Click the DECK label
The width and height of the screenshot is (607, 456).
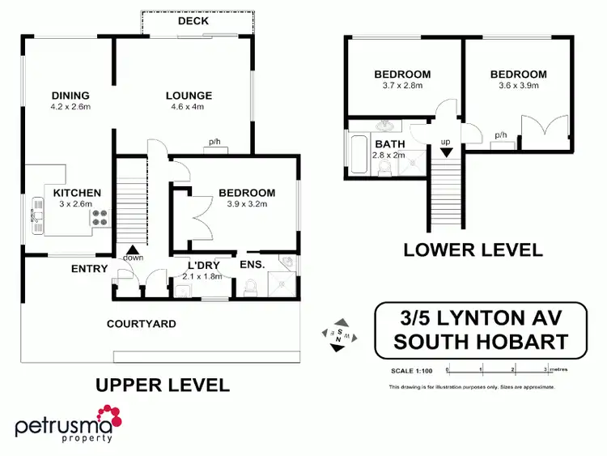click(x=193, y=20)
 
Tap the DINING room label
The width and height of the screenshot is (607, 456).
click(x=70, y=95)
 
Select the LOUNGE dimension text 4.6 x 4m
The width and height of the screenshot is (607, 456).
click(x=187, y=107)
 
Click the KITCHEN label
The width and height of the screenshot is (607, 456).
click(x=77, y=193)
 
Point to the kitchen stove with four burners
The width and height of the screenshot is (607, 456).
click(x=101, y=217)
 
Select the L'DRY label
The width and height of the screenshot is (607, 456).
click(x=204, y=265)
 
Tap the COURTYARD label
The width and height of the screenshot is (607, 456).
click(x=142, y=324)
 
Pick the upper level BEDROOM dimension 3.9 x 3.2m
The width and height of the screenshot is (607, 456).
click(x=246, y=204)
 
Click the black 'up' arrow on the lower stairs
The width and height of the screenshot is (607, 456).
click(x=445, y=151)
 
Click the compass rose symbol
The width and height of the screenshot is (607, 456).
click(x=338, y=334)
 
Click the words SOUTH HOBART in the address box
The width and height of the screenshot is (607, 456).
click(x=480, y=341)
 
